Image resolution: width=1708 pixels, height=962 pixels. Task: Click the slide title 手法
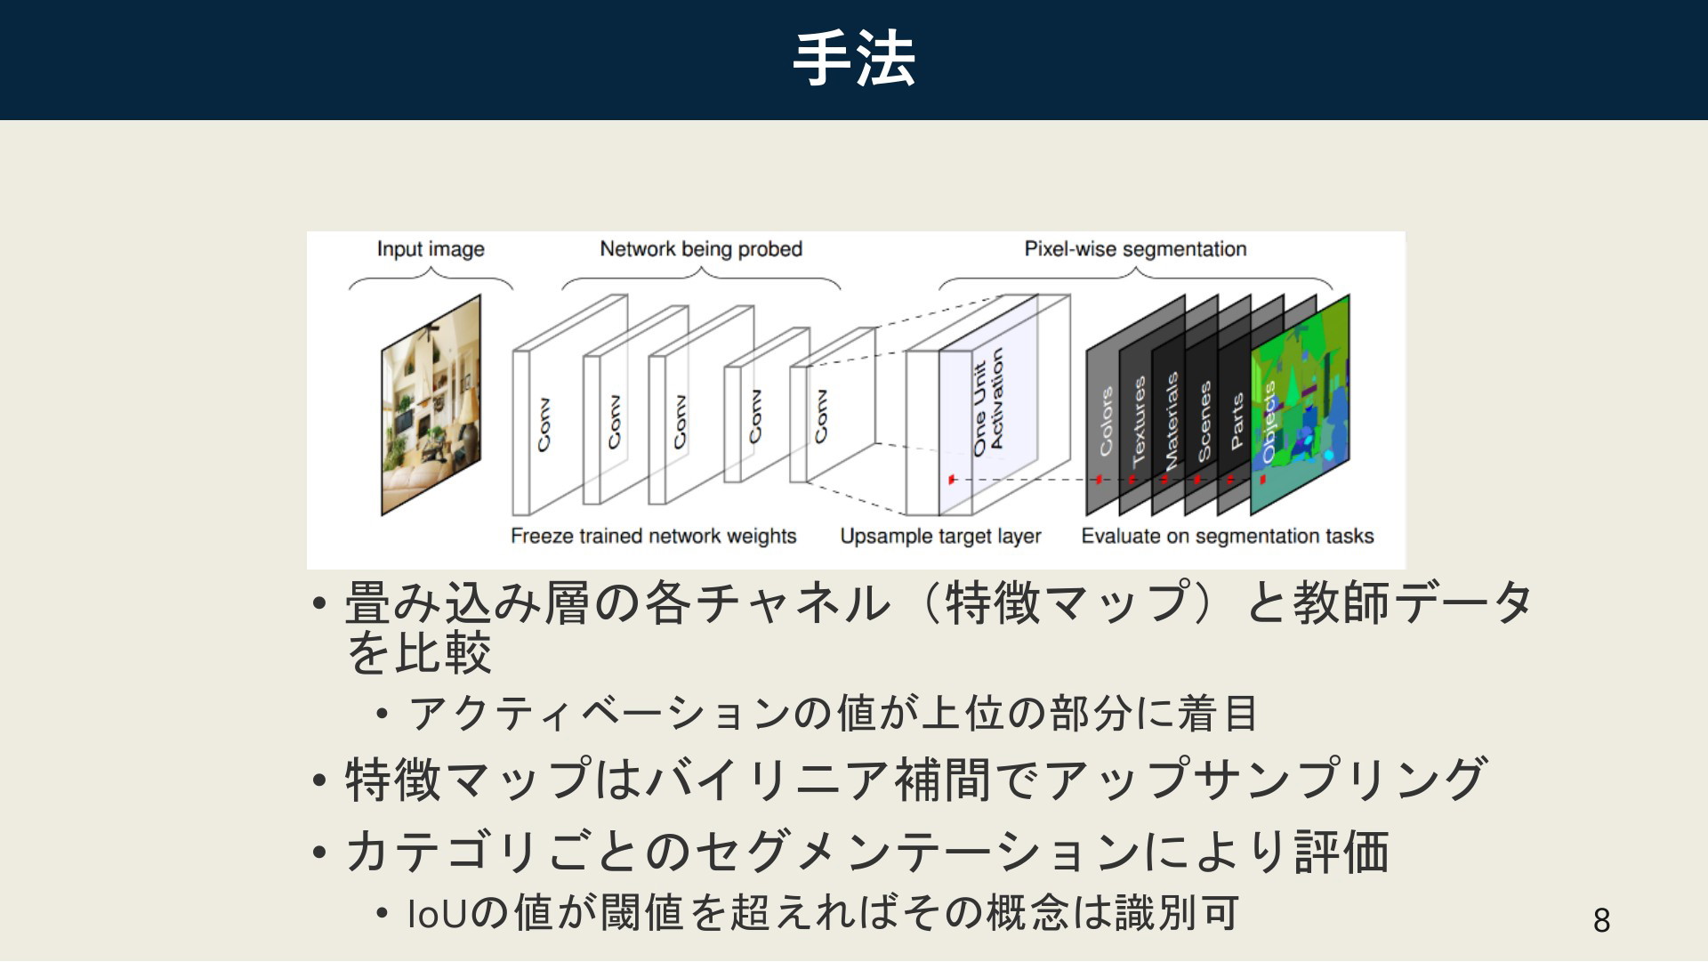[x=854, y=59]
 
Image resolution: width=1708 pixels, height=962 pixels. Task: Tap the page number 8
[x=1601, y=920]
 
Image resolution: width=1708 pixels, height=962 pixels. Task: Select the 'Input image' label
[x=431, y=249]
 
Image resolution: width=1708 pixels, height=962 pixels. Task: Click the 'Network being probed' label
[x=701, y=249]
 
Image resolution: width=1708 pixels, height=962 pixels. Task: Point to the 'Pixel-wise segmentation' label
[x=1135, y=249]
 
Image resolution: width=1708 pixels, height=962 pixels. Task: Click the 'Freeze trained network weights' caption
[x=653, y=536]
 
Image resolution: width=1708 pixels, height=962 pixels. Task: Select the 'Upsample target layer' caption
[x=940, y=536]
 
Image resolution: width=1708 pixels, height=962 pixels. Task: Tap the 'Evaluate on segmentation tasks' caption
[x=1228, y=536]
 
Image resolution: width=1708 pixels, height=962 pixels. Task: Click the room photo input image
[x=431, y=405]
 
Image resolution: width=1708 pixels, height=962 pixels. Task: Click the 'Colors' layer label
[x=1106, y=421]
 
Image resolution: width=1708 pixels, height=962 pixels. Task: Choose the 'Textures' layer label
[x=1139, y=421]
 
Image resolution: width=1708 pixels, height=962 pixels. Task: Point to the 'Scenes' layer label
[x=1204, y=421]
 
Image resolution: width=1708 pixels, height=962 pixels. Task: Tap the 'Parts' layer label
[x=1237, y=421]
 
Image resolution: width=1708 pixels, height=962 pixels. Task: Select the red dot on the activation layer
[x=951, y=480]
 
